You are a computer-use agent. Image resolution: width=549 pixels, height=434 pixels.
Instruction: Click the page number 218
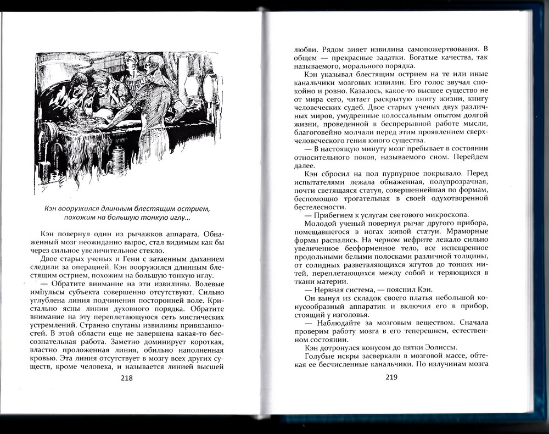pos(126,378)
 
